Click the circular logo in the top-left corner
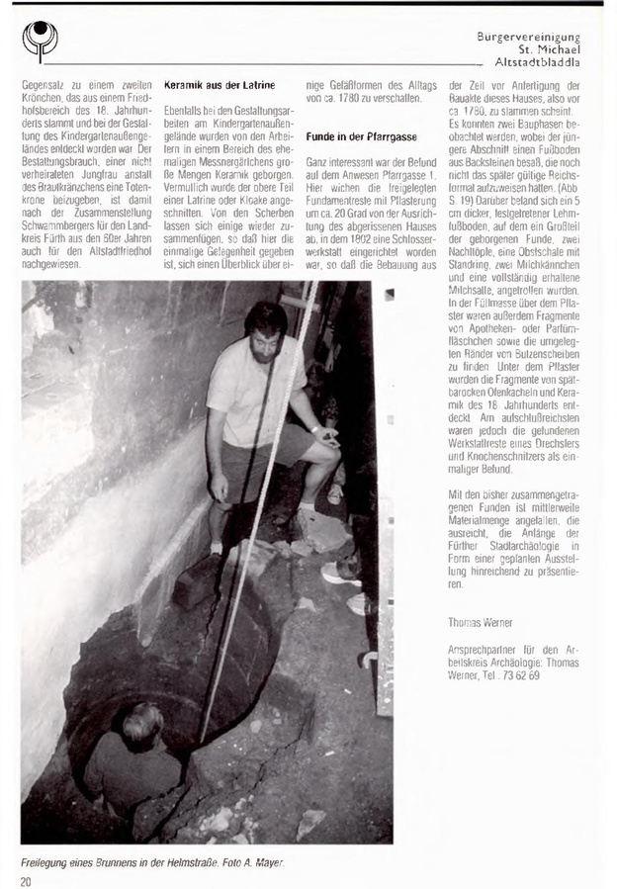pyautogui.click(x=39, y=40)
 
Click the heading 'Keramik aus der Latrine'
pyautogui.click(x=218, y=86)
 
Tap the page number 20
pyautogui.click(x=27, y=879)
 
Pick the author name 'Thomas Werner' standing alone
pyautogui.click(x=477, y=621)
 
